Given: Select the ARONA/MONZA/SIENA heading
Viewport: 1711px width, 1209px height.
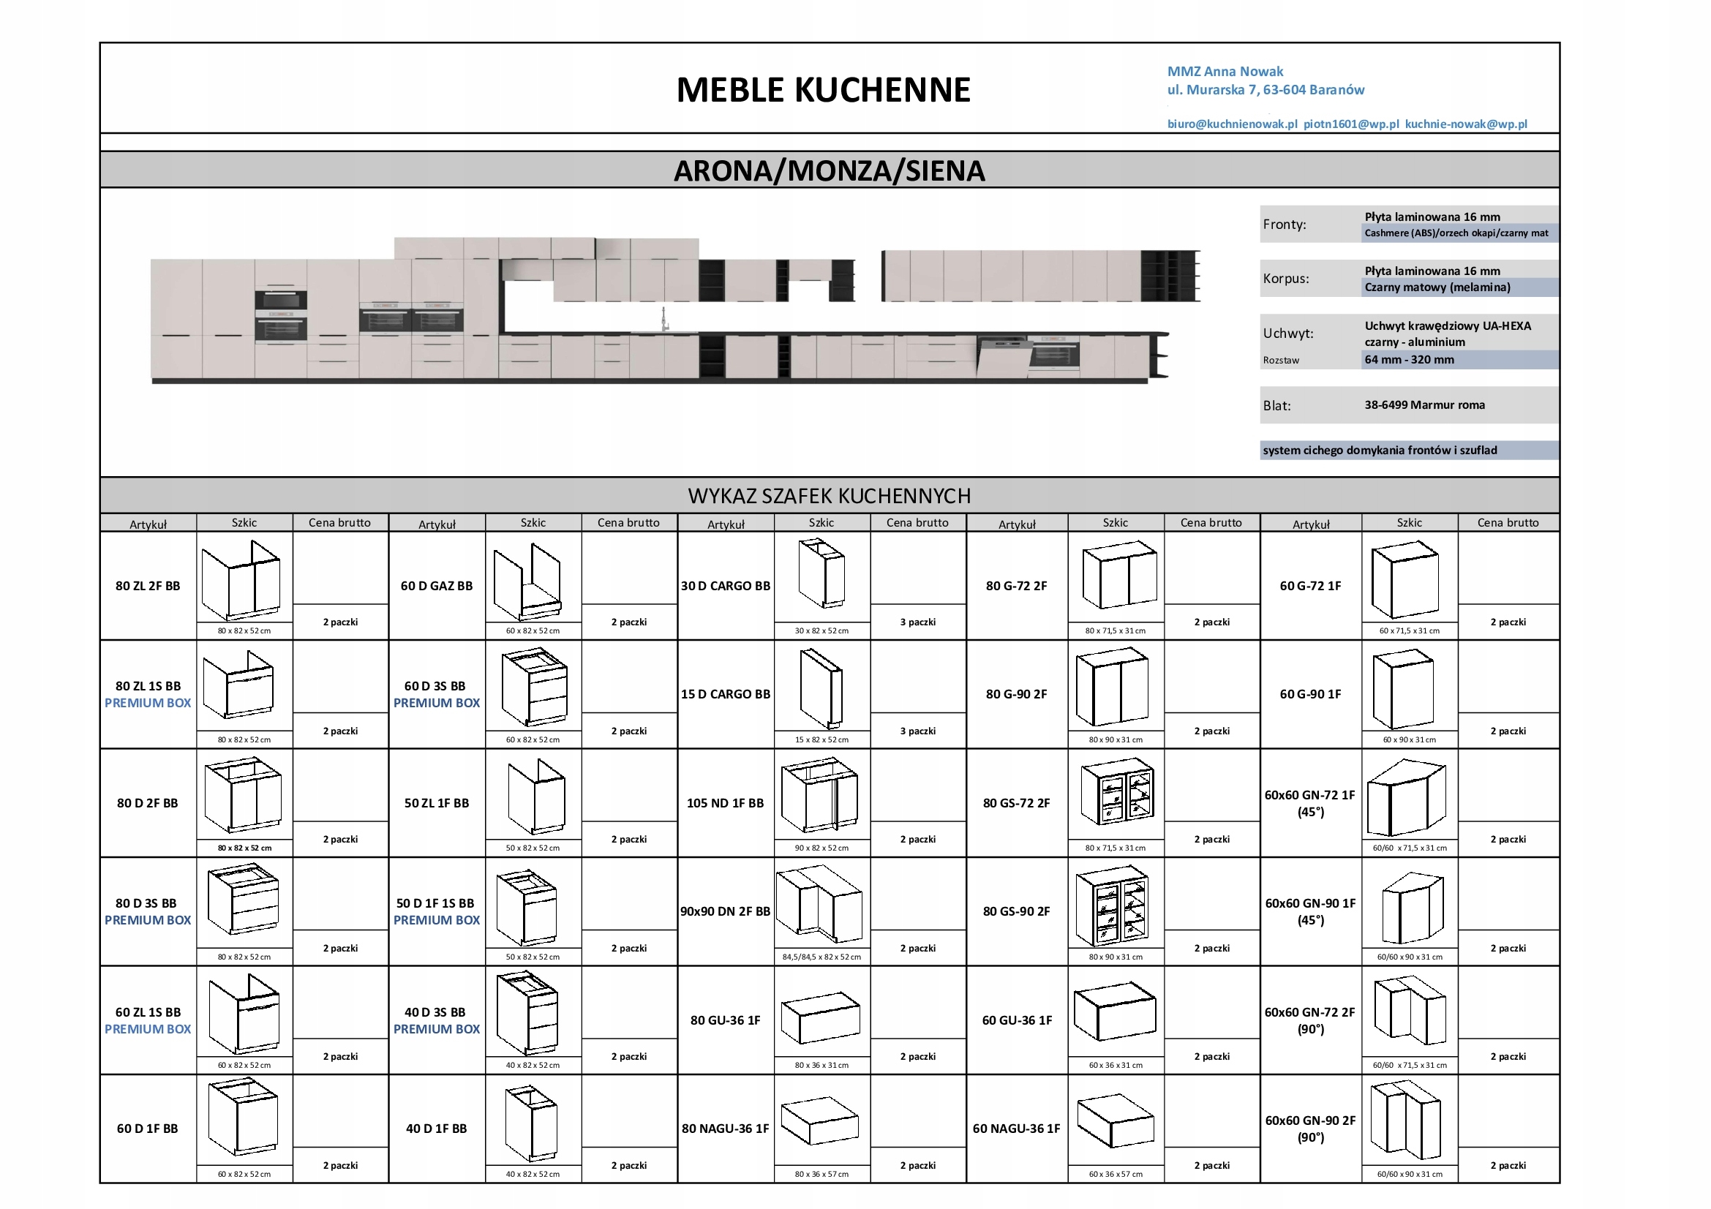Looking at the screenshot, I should [x=829, y=170].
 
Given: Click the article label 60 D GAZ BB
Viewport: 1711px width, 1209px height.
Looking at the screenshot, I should [x=437, y=587].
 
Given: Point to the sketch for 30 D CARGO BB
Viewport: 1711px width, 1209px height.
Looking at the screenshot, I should [x=821, y=574].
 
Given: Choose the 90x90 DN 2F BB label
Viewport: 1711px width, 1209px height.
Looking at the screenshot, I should [x=725, y=911].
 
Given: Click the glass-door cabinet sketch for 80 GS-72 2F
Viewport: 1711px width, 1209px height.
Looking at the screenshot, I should [x=1116, y=794].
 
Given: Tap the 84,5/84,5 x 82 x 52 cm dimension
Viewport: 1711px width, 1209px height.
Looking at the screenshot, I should [x=821, y=957].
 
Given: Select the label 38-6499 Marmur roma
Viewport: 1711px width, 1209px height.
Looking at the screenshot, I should [x=1424, y=405].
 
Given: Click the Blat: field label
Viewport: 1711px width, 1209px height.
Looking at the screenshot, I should [x=1276, y=406].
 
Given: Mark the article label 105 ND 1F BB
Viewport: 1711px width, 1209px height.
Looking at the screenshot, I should [x=725, y=803].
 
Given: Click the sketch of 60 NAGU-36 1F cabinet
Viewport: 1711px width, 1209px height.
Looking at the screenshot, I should [x=1115, y=1121].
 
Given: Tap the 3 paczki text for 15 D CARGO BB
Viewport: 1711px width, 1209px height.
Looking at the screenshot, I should [x=917, y=731].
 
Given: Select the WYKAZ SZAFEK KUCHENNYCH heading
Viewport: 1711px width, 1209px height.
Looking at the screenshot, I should [x=829, y=496].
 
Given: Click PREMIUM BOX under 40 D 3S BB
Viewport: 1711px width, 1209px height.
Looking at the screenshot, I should [x=437, y=1030].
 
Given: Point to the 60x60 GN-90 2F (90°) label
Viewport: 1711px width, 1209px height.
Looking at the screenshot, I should [x=1310, y=1129].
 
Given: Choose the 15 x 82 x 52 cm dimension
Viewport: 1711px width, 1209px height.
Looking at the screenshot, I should [x=821, y=740].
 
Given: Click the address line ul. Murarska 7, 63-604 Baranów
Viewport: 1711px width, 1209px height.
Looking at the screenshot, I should [x=1266, y=90].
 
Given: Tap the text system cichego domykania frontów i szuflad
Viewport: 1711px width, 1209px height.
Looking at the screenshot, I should [x=1380, y=451].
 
